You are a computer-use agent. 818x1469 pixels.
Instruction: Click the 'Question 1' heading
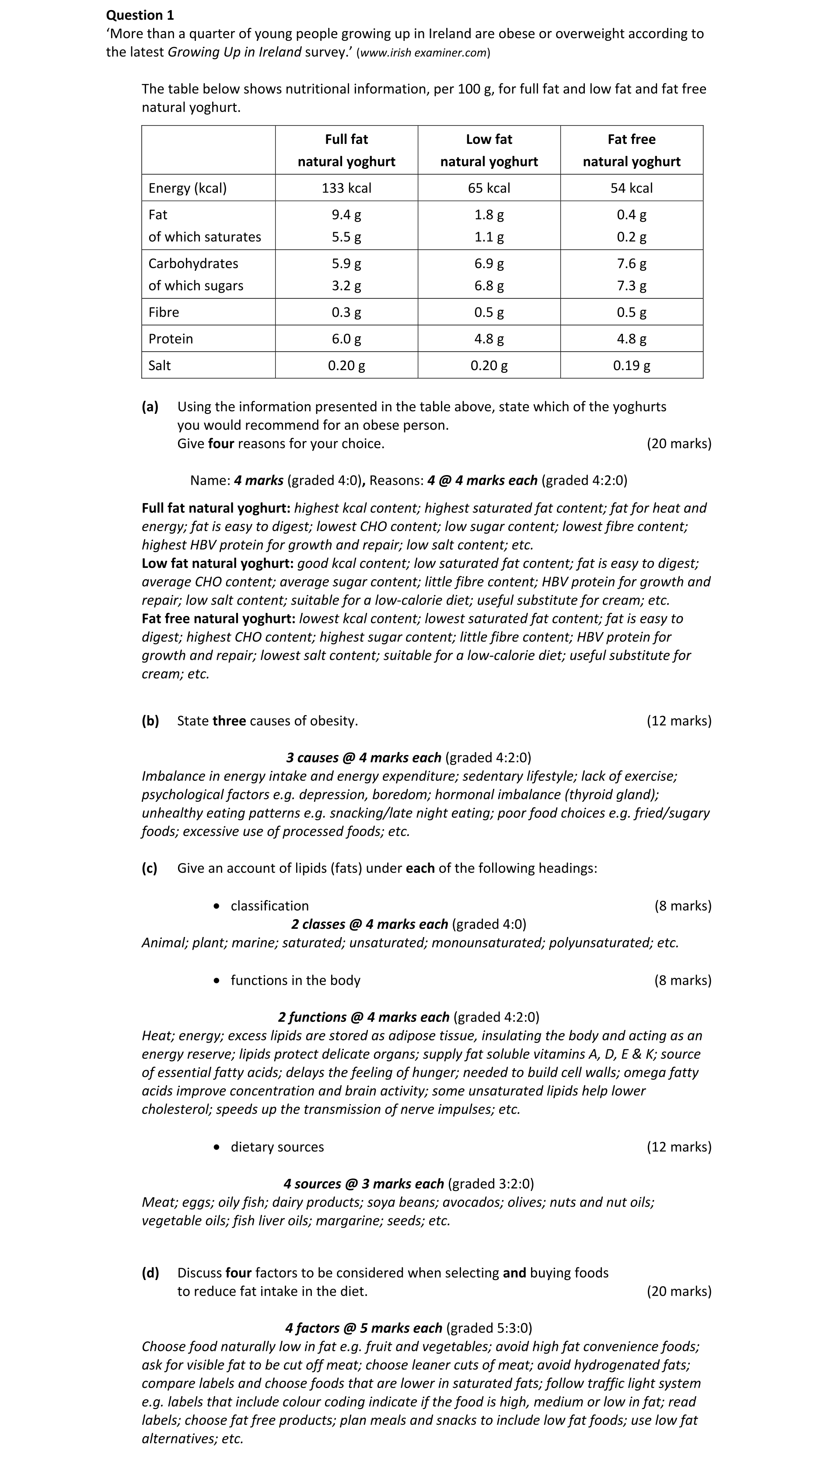coord(140,15)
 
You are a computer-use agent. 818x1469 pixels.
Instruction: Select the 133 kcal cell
coord(346,188)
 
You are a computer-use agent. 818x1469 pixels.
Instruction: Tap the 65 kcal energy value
coord(489,188)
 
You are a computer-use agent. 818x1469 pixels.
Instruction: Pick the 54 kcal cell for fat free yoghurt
coord(631,188)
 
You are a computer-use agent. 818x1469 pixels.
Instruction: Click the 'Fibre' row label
coord(164,312)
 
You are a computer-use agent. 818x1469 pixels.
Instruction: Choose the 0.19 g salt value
coord(631,366)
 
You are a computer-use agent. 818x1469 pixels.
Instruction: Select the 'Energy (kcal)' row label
coord(187,188)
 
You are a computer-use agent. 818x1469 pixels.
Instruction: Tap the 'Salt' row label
coord(159,366)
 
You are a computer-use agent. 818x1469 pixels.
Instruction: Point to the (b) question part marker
coord(150,721)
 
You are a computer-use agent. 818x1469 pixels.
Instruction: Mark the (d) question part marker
coord(150,1273)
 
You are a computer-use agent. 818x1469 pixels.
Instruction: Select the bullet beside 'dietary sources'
coord(216,1147)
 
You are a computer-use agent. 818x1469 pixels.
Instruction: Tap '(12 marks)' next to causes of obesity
coord(678,721)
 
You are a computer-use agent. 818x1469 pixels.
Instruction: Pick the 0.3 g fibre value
coord(346,312)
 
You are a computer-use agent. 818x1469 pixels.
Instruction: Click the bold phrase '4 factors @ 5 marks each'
coord(363,1328)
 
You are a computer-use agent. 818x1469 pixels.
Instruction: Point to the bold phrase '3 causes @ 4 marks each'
coord(363,758)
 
